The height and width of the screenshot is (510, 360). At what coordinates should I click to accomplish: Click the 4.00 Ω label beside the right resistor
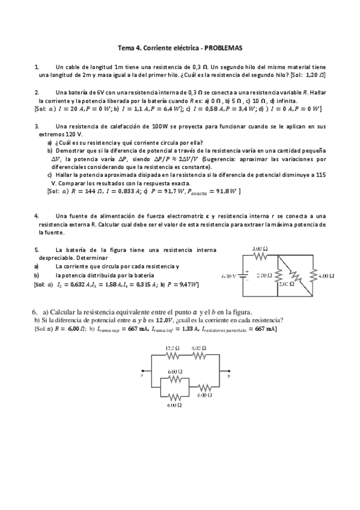[x=326, y=275]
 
